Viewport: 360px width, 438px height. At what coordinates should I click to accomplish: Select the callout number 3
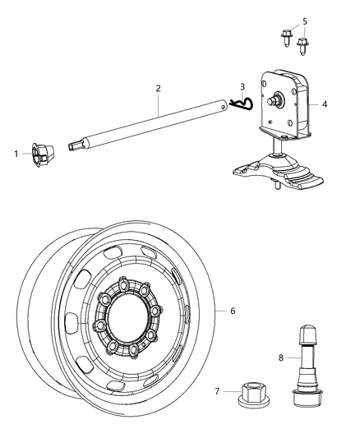point(242,85)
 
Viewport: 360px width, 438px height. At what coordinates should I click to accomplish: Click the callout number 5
point(304,21)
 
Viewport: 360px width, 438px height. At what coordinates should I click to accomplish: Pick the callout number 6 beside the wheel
point(233,311)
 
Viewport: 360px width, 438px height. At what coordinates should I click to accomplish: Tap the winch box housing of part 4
point(284,104)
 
